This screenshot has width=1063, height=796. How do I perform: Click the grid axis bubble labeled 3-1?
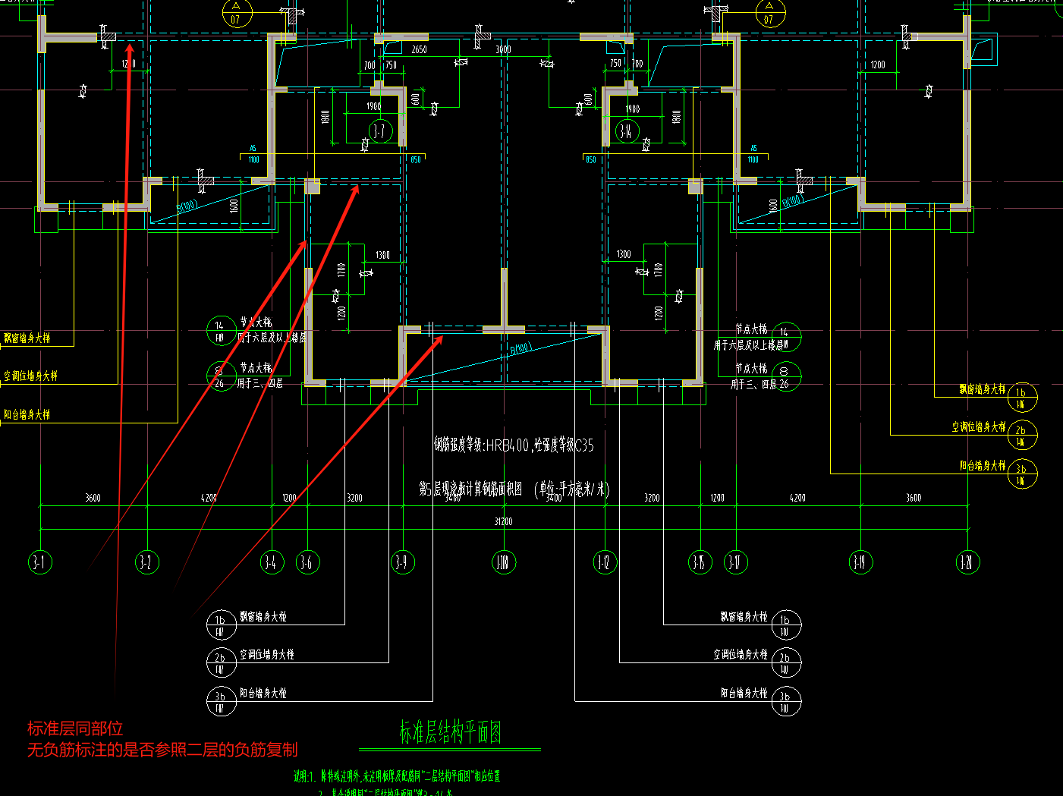(40, 562)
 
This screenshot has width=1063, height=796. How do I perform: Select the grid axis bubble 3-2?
(147, 562)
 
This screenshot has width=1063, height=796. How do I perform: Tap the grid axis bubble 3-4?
(272, 562)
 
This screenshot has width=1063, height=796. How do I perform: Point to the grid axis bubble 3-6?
(307, 562)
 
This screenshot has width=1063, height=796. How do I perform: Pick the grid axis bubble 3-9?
(402, 562)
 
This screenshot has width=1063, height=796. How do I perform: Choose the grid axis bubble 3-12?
(604, 562)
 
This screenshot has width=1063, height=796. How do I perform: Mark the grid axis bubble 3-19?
(860, 562)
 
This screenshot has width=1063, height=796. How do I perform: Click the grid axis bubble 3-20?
(967, 562)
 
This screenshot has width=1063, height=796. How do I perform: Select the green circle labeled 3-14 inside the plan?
(627, 131)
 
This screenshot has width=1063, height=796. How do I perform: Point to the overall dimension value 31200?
(503, 521)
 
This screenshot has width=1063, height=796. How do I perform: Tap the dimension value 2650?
(419, 50)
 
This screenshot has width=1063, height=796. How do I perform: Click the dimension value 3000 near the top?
(503, 50)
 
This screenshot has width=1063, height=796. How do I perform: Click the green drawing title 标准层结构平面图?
(451, 732)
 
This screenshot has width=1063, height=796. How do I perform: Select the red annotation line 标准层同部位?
(75, 729)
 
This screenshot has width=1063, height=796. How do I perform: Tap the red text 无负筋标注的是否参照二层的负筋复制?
(162, 750)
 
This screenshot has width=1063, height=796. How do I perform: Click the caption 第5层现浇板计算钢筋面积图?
(470, 489)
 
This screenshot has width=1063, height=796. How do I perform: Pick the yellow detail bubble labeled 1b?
(1022, 396)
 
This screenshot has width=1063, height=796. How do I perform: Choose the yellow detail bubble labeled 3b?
(1022, 473)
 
